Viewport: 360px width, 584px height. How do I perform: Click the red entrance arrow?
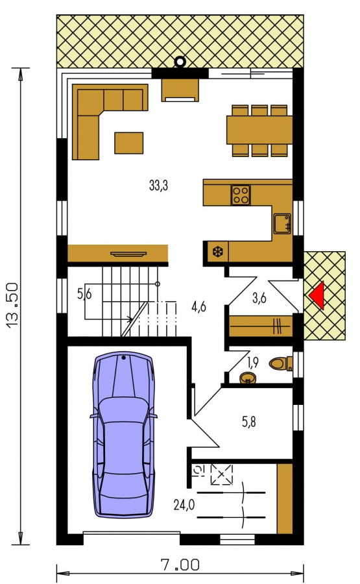pyautogui.click(x=318, y=295)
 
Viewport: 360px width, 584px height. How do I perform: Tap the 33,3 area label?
pyautogui.click(x=158, y=185)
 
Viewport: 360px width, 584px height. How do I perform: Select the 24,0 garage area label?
pyautogui.click(x=184, y=505)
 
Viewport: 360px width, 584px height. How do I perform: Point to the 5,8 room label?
pyautogui.click(x=249, y=422)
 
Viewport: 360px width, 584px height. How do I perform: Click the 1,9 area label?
pyautogui.click(x=253, y=362)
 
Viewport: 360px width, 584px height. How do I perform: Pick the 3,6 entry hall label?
pyautogui.click(x=259, y=298)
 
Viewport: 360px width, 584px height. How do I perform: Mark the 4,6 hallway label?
pyautogui.click(x=198, y=307)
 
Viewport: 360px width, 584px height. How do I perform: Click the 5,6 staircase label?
pyautogui.click(x=84, y=294)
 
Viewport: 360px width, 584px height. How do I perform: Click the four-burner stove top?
pyautogui.click(x=240, y=195)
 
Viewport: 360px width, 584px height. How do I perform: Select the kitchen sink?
pyautogui.click(x=282, y=223)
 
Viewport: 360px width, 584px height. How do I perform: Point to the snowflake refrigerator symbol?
pyautogui.click(x=217, y=252)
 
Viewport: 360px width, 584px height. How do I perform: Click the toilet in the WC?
pyautogui.click(x=281, y=364)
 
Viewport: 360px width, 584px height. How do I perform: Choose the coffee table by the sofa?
pyautogui.click(x=129, y=143)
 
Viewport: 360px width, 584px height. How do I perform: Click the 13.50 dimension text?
pyautogui.click(x=12, y=306)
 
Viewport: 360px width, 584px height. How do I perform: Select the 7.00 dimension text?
pyautogui.click(x=180, y=565)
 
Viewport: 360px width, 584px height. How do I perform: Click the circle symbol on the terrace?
pyautogui.click(x=180, y=62)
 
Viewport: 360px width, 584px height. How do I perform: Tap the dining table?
pyautogui.click(x=259, y=130)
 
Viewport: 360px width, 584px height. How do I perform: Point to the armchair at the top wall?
pyautogui.click(x=180, y=90)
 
